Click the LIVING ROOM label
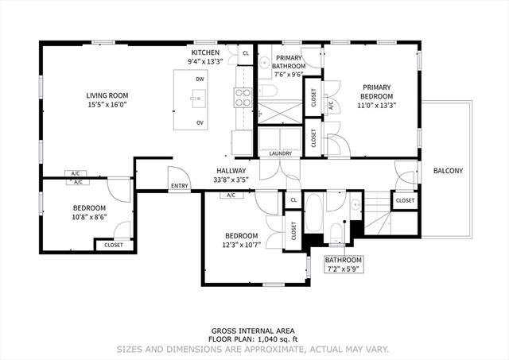[107, 95]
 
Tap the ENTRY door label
[180, 186]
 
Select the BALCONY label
[448, 171]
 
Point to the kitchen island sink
[198, 99]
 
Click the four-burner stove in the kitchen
[243, 98]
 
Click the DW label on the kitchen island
[200, 79]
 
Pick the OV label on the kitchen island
[200, 122]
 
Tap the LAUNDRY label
[281, 153]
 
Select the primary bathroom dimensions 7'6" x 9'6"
[289, 74]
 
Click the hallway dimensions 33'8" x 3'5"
[231, 180]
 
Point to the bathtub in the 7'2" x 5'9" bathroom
[314, 212]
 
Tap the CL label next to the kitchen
[246, 53]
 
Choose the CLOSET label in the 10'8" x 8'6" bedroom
[114, 245]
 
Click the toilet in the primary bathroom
[268, 91]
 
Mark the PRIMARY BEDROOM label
[376, 91]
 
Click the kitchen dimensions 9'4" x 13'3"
[205, 62]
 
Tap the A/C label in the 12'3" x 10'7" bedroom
[231, 195]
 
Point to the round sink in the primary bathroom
[265, 61]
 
